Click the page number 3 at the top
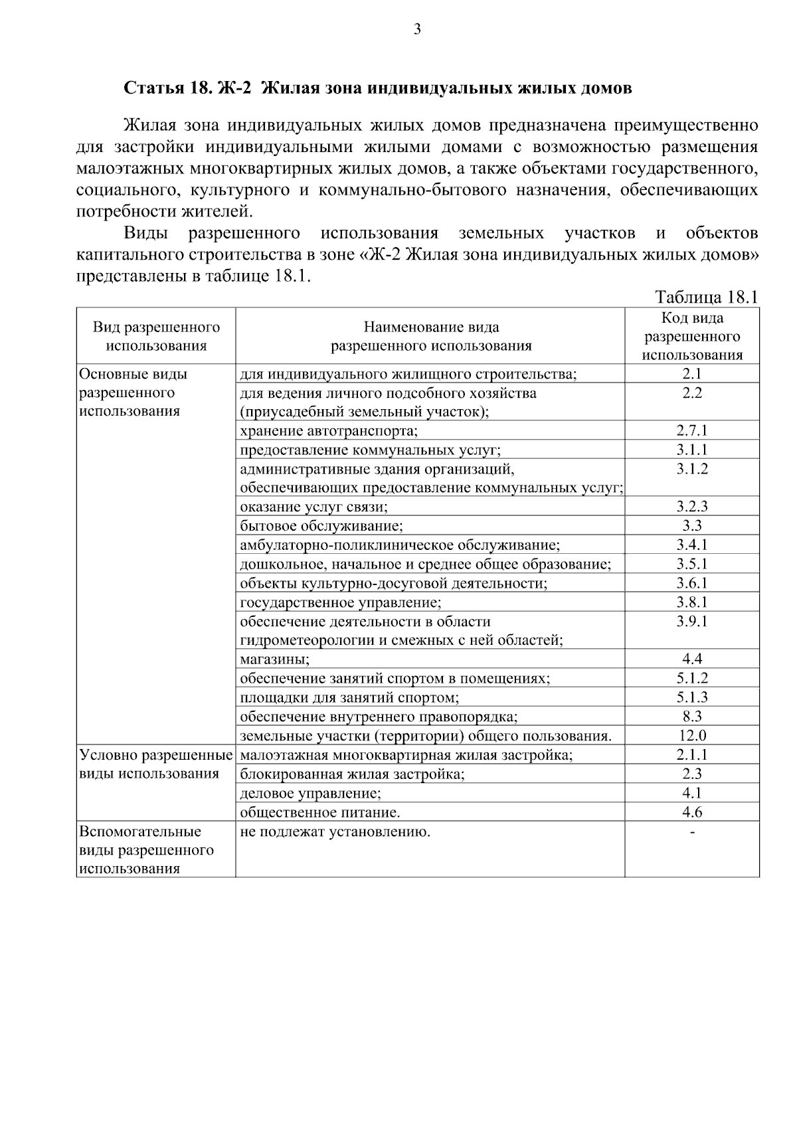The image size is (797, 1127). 417,29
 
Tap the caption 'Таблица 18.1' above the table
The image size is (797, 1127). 706,296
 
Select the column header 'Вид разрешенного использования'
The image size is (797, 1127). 156,336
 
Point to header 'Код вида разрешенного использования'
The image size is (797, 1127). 692,336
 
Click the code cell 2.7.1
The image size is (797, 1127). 692,430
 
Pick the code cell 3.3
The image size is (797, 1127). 692,526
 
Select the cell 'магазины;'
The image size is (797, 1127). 275,659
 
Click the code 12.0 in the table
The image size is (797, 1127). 692,736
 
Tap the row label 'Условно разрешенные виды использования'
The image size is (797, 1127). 155,764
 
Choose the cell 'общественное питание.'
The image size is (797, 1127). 320,812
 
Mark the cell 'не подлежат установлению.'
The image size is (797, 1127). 335,831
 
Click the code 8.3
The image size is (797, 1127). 692,717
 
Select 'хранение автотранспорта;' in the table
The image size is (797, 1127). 329,431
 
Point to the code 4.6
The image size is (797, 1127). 692,812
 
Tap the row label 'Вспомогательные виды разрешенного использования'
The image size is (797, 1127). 147,850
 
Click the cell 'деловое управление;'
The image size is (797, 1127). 310,793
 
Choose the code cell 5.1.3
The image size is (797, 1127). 692,697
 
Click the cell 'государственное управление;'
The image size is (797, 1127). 340,602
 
